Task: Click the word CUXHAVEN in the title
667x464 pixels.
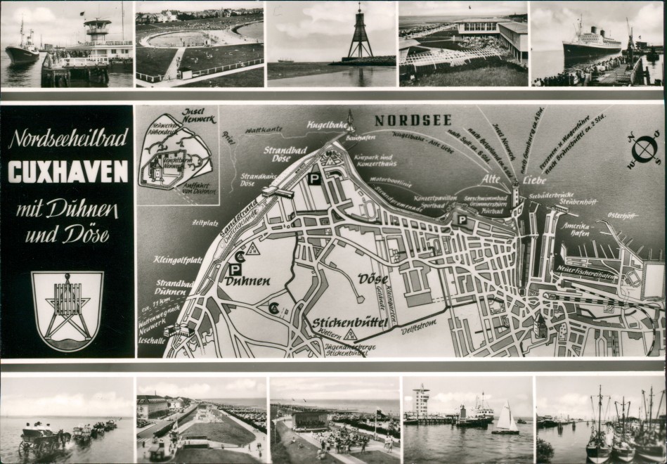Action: [x=68, y=172]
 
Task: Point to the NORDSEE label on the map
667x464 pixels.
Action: [x=413, y=120]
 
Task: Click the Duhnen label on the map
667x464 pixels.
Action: [x=248, y=281]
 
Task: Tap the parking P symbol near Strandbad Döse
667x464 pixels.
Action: [x=314, y=179]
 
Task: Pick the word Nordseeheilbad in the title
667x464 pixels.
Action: [x=67, y=139]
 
